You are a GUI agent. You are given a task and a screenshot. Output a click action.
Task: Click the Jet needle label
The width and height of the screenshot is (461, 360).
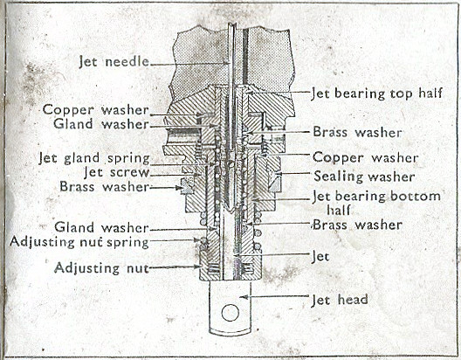114,62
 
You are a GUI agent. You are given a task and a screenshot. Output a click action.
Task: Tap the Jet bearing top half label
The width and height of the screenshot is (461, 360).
376,93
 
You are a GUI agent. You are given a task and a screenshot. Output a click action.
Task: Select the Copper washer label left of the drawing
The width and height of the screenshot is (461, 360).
95,110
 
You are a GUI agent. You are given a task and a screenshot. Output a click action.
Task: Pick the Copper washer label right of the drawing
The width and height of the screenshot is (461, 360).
365,158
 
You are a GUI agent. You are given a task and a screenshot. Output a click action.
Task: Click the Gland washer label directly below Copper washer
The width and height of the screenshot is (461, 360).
101,124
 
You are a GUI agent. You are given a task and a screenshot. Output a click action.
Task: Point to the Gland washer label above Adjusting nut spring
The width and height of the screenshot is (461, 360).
101,228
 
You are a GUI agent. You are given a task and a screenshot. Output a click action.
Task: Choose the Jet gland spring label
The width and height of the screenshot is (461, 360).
94,159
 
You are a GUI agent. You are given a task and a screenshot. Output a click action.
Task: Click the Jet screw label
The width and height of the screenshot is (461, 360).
116,172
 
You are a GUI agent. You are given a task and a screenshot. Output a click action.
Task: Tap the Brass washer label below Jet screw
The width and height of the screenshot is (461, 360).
105,187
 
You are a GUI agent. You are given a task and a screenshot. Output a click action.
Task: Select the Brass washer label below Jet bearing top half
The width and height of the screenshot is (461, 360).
357,132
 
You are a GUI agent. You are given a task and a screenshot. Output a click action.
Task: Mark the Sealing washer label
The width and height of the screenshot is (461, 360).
364,177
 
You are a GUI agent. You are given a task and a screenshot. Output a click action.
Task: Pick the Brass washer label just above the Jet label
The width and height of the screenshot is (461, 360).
357,225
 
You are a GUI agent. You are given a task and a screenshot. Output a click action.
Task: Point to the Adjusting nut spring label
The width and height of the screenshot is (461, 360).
79,242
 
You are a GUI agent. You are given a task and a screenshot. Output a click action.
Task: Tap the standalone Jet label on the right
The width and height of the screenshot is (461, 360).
320,257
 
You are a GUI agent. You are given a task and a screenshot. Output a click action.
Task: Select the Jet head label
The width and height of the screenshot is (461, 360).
340,300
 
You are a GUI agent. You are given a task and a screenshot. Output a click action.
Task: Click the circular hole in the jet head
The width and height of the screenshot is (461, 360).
230,313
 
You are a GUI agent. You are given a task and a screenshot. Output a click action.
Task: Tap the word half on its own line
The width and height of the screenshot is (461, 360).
339,210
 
